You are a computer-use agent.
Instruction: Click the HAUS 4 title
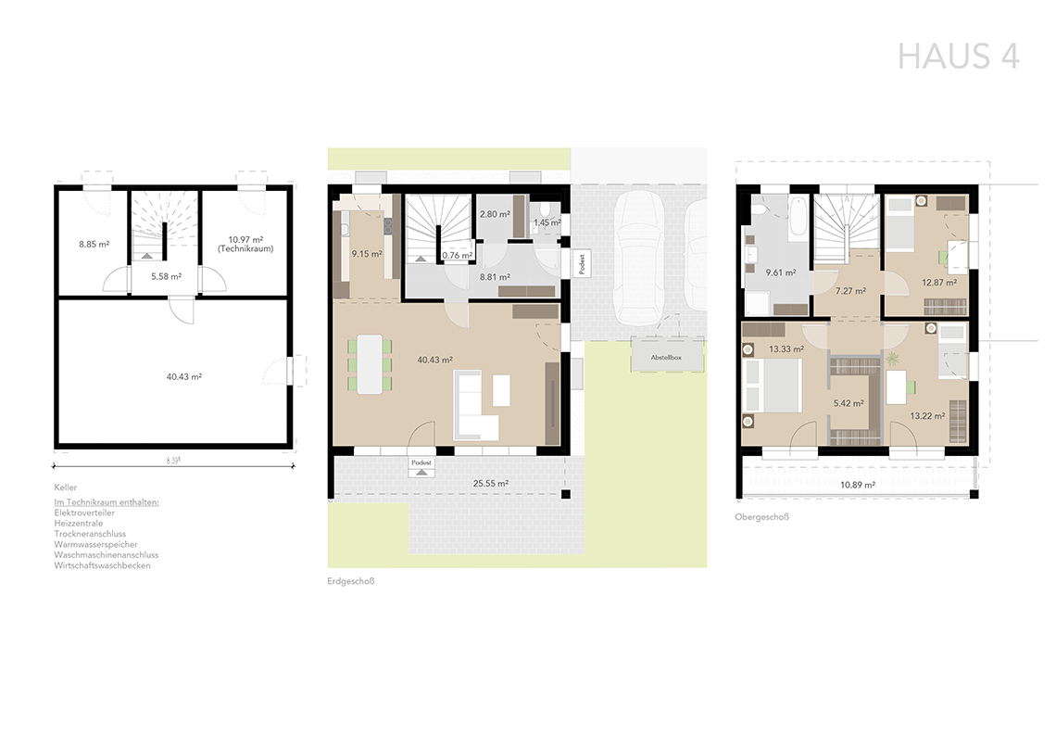pyautogui.click(x=959, y=56)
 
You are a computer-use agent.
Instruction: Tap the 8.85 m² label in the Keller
pyautogui.click(x=94, y=245)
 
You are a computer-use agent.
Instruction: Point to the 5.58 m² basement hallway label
pyautogui.click(x=166, y=276)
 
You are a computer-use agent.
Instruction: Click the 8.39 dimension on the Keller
pyautogui.click(x=173, y=461)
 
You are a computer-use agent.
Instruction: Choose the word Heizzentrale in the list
pyautogui.click(x=79, y=524)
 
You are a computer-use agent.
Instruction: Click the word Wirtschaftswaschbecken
pyautogui.click(x=103, y=565)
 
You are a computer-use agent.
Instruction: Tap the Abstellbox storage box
pyautogui.click(x=666, y=357)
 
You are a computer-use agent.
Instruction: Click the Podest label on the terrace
pyautogui.click(x=421, y=462)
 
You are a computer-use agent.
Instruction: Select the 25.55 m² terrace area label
pyautogui.click(x=490, y=483)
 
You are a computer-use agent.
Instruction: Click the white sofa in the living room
pyautogui.click(x=475, y=405)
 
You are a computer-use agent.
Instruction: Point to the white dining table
pyautogui.click(x=369, y=364)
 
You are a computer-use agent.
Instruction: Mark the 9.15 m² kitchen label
pyautogui.click(x=367, y=254)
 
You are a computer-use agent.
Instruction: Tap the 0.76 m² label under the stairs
pyautogui.click(x=458, y=255)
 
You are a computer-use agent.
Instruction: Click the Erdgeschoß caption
pyautogui.click(x=351, y=581)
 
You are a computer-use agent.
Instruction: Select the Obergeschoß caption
pyautogui.click(x=761, y=517)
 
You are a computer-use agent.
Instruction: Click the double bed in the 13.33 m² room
pyautogui.click(x=772, y=386)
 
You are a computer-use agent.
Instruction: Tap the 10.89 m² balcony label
pyautogui.click(x=858, y=485)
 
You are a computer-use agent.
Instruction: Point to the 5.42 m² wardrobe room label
pyautogui.click(x=849, y=403)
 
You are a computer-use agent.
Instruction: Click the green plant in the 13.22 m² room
pyautogui.click(x=893, y=359)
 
